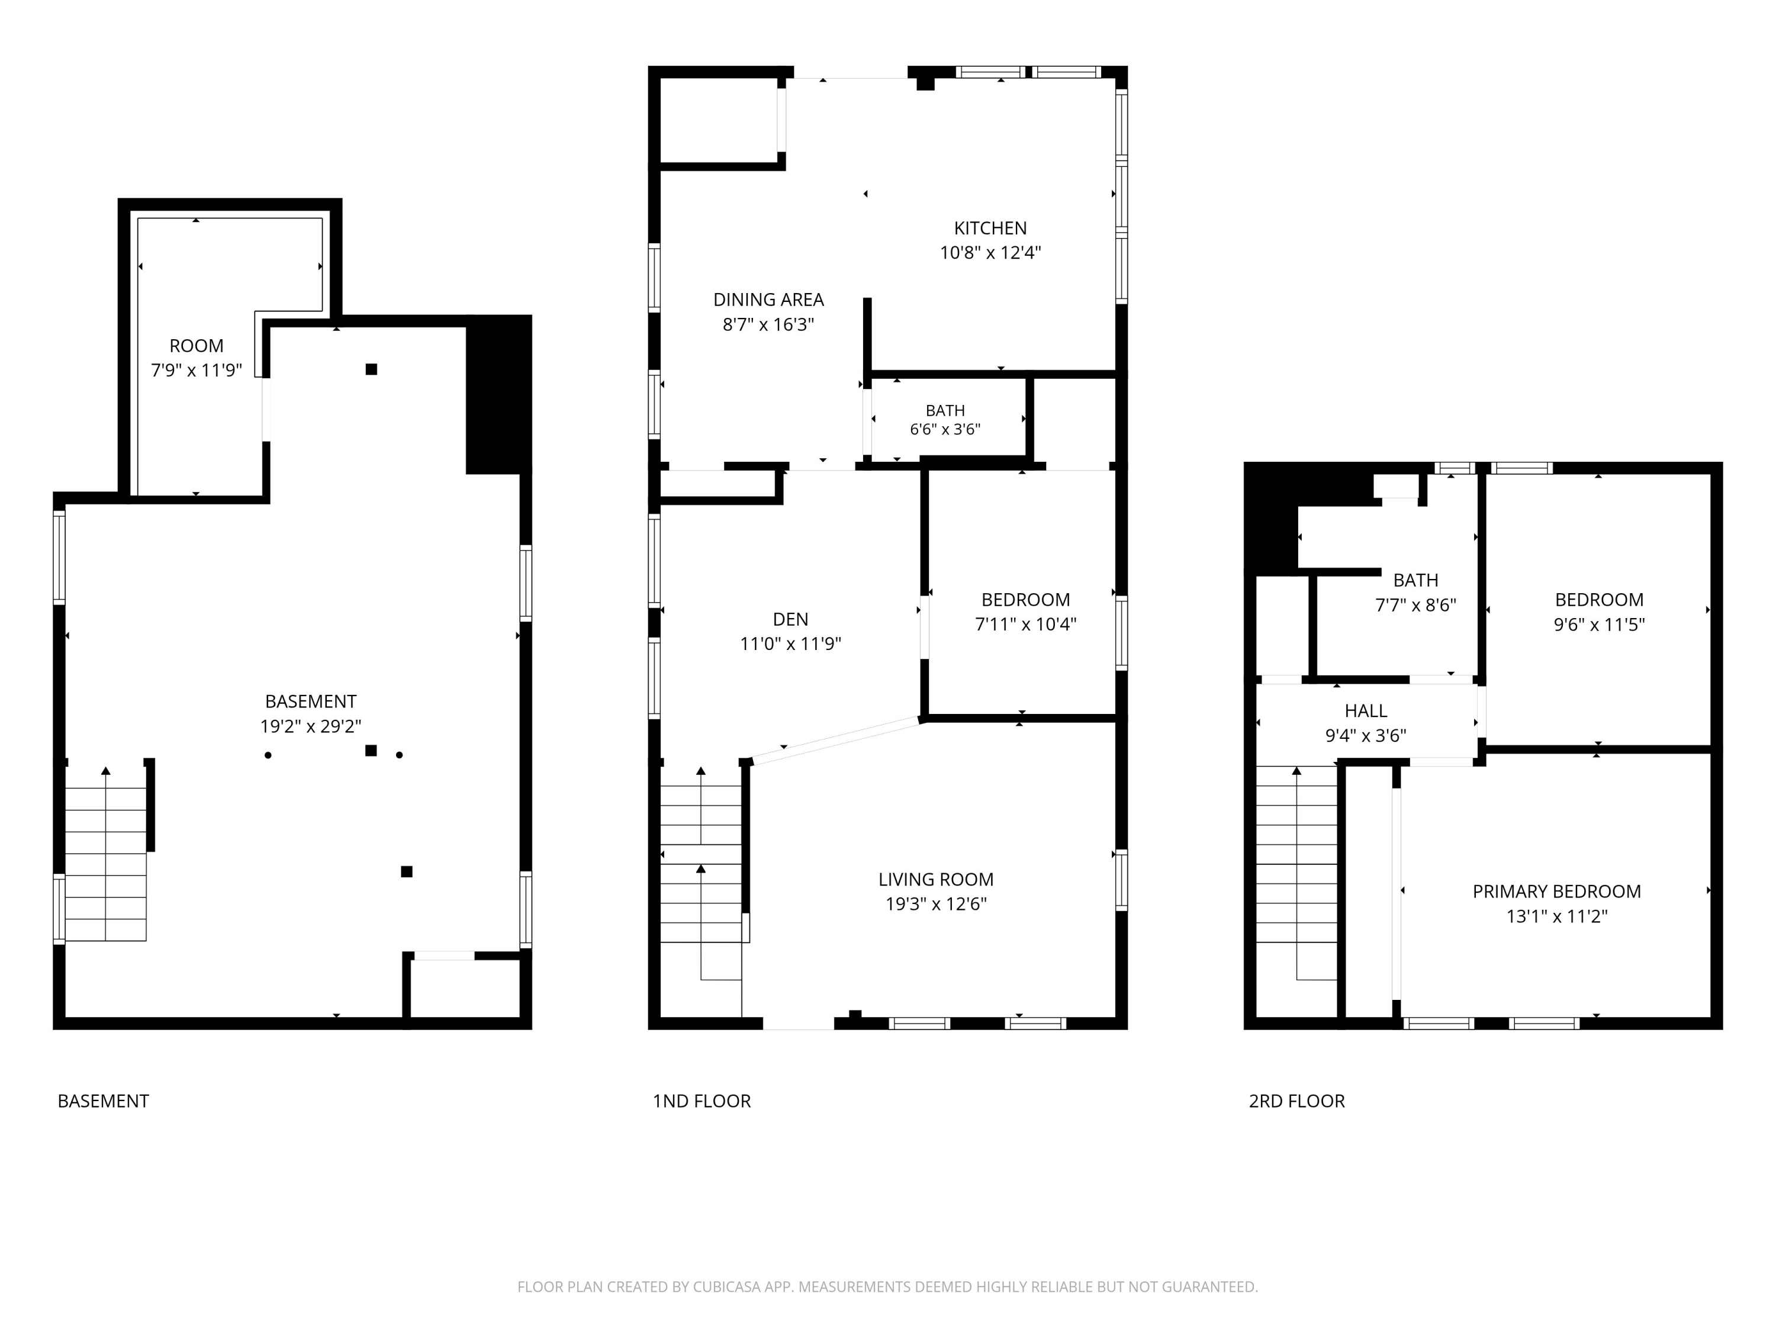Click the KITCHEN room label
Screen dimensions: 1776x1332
click(x=990, y=228)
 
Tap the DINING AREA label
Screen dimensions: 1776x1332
click(x=768, y=300)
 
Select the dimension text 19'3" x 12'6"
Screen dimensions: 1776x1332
click(x=935, y=904)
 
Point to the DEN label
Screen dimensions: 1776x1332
click(x=790, y=619)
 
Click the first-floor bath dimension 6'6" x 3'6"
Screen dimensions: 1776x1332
click(x=945, y=430)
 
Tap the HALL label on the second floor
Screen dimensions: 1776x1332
click(x=1365, y=710)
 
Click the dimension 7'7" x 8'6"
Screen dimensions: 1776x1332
click(x=1415, y=606)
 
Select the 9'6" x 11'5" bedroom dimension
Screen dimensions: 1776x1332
click(x=1598, y=625)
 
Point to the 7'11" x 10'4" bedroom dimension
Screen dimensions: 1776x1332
click(x=1025, y=625)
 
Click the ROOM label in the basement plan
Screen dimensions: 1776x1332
click(x=196, y=346)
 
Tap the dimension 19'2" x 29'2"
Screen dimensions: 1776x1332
click(x=310, y=726)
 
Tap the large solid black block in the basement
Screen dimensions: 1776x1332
click(x=498, y=394)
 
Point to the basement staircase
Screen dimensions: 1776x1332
click(x=105, y=854)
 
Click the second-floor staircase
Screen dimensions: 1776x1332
click(x=1296, y=873)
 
